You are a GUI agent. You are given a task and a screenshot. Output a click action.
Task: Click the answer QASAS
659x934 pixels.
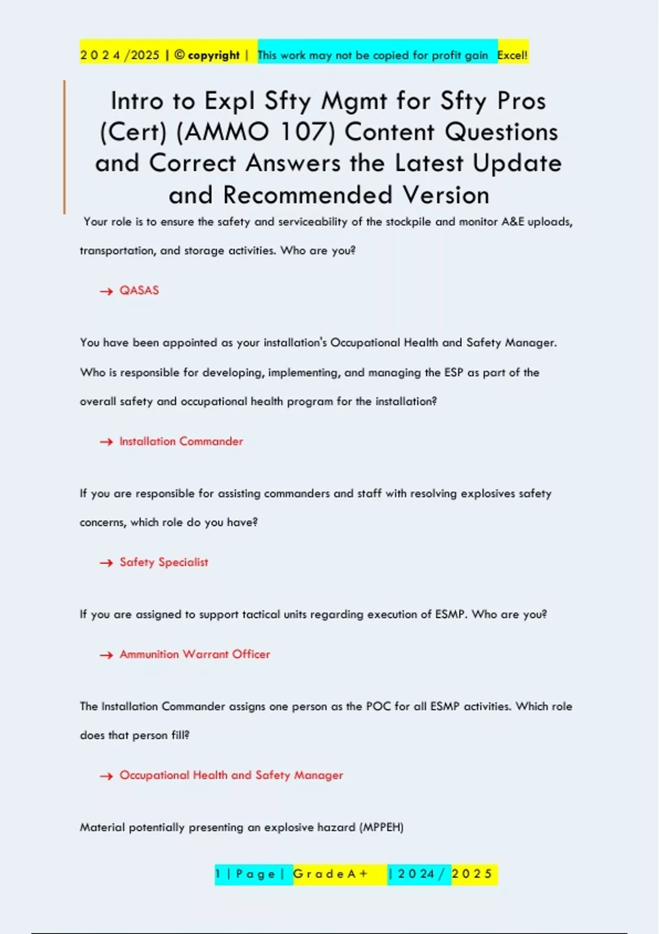pos(139,291)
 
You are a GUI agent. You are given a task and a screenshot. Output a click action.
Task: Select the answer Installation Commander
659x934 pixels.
pos(181,442)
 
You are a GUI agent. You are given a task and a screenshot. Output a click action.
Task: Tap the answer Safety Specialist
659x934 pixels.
pos(164,563)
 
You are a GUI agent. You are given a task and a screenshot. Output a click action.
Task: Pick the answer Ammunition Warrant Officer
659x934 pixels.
pos(194,654)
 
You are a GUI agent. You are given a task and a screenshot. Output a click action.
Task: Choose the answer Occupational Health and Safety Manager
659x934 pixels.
pos(231,775)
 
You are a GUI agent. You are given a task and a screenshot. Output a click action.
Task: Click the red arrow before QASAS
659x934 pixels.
pos(106,291)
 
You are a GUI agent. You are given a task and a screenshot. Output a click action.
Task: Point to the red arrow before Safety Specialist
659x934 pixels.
pos(106,563)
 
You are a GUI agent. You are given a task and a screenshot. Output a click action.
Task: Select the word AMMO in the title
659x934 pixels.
pos(223,132)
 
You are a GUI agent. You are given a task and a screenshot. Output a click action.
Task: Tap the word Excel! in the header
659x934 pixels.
pos(512,55)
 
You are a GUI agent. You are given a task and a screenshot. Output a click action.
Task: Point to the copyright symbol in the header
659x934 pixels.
pos(180,55)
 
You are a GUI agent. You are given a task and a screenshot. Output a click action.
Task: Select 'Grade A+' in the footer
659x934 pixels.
pos(330,874)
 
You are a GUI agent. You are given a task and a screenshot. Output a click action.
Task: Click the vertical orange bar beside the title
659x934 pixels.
pos(64,147)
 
